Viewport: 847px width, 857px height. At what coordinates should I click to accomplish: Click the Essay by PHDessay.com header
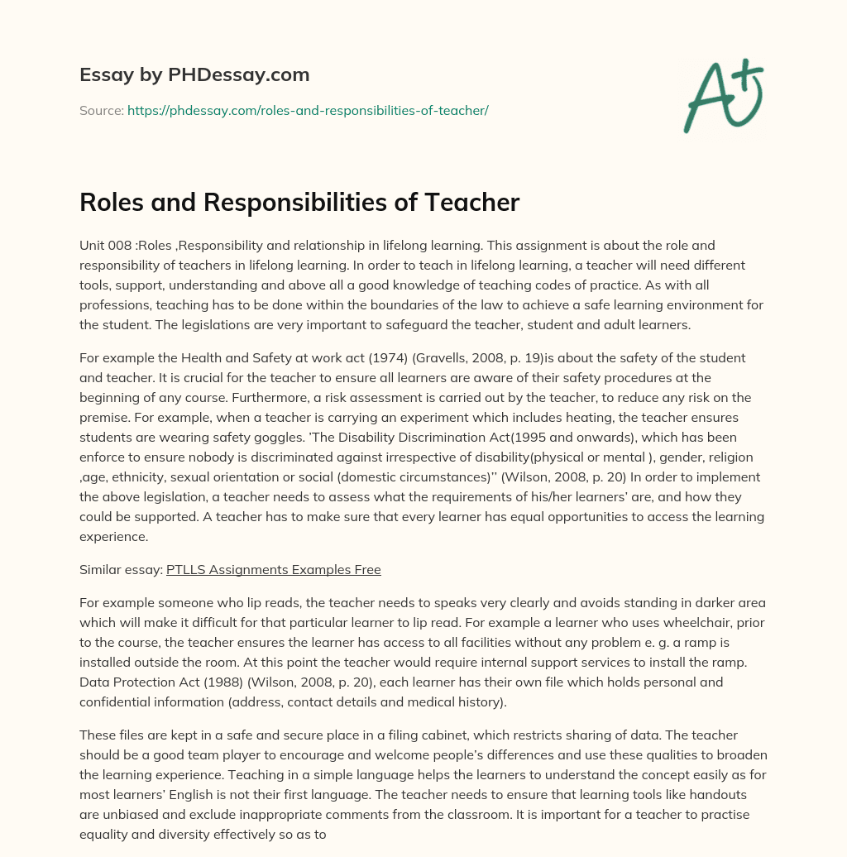pos(194,75)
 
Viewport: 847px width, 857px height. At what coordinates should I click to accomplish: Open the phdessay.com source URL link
pos(308,110)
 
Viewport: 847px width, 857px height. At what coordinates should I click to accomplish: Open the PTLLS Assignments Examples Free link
pos(273,570)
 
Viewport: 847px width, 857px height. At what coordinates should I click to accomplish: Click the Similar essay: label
pos(121,570)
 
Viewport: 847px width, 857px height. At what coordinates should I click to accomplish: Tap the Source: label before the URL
pos(101,110)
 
